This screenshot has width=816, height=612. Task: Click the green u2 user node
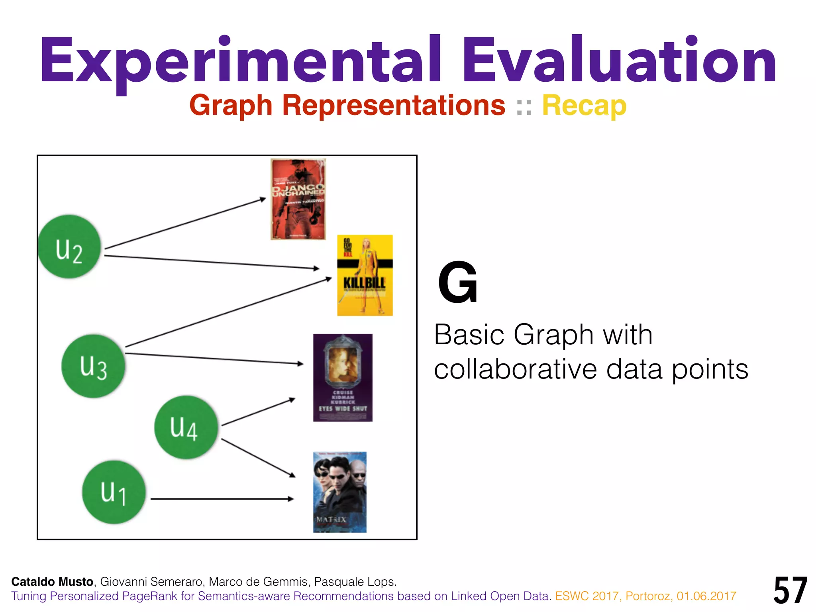tap(69, 247)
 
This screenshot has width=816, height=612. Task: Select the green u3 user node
tap(93, 366)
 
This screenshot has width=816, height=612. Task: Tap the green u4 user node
tap(186, 427)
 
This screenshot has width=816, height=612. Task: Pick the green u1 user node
tap(114, 492)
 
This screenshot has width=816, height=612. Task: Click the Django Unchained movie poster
tap(298, 199)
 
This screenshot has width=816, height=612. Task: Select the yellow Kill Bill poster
tap(365, 275)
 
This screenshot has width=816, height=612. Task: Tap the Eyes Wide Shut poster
tap(343, 377)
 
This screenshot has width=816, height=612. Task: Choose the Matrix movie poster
tap(339, 492)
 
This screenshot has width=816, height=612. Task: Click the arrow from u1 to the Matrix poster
tap(222, 498)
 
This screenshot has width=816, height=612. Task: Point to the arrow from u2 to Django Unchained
tap(185, 224)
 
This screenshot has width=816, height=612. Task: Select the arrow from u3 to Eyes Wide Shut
tap(214, 358)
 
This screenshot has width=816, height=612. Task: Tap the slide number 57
tap(790, 590)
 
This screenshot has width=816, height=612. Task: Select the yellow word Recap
tap(584, 106)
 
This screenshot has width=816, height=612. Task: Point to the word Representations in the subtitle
tap(394, 106)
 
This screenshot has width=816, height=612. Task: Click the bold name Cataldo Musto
tap(52, 582)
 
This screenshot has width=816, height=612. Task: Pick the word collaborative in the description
tap(515, 369)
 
